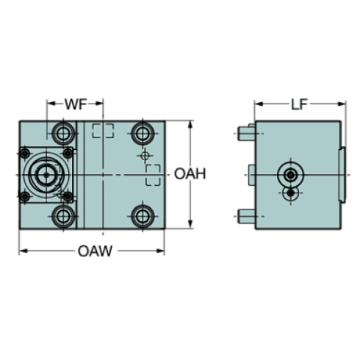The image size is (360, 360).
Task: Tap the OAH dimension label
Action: pyautogui.click(x=190, y=174)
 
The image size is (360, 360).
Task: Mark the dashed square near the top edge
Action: pyautogui.click(x=104, y=132)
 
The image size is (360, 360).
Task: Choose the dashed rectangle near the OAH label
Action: pyautogui.click(x=154, y=176)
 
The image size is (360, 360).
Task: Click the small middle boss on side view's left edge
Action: pyautogui.click(x=251, y=174)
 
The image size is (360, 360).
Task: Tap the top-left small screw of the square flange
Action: pyautogui.click(x=24, y=154)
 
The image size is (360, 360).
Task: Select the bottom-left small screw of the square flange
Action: pyautogui.click(x=24, y=195)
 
